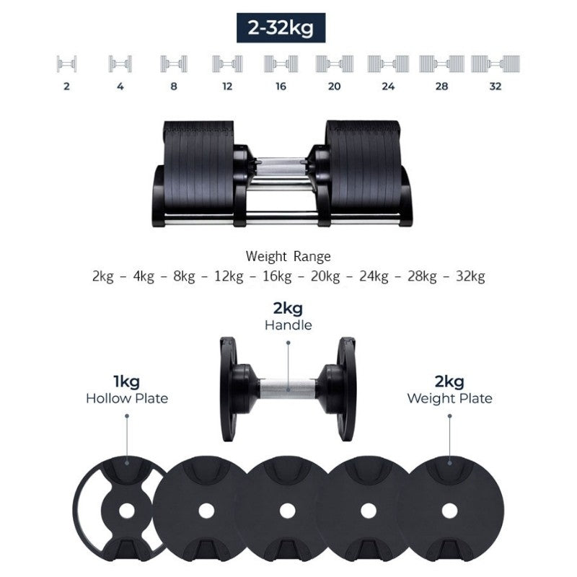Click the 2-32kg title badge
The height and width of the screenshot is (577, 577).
point(281,27)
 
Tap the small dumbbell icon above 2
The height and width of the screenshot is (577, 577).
point(66,64)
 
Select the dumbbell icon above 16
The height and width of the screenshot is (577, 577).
point(281,64)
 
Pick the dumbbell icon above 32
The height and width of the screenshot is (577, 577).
point(495,64)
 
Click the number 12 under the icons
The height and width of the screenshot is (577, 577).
point(227,87)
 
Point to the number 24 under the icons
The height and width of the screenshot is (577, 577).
point(388,87)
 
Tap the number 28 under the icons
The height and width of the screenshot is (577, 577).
point(441,87)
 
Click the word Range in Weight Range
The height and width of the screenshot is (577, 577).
point(312,257)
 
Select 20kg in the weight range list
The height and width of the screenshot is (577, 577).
point(325,276)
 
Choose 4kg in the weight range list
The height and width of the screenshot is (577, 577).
point(144,276)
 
